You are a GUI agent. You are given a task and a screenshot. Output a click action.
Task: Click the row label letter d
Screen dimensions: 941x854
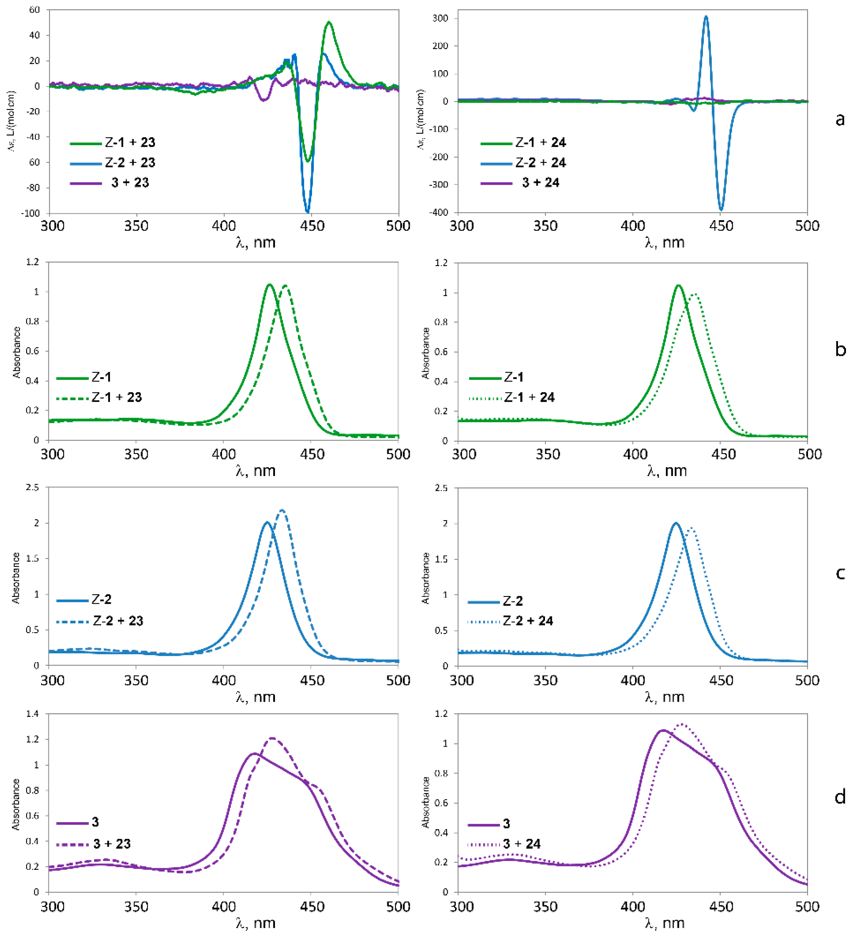click(840, 797)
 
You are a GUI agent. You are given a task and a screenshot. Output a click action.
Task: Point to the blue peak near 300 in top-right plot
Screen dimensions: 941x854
click(706, 17)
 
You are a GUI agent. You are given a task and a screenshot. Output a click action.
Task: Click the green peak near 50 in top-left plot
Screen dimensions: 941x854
click(329, 22)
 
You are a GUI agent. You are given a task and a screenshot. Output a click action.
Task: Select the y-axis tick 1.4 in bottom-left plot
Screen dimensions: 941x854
click(33, 714)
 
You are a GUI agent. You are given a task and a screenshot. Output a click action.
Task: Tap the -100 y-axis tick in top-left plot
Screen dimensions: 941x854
click(30, 213)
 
